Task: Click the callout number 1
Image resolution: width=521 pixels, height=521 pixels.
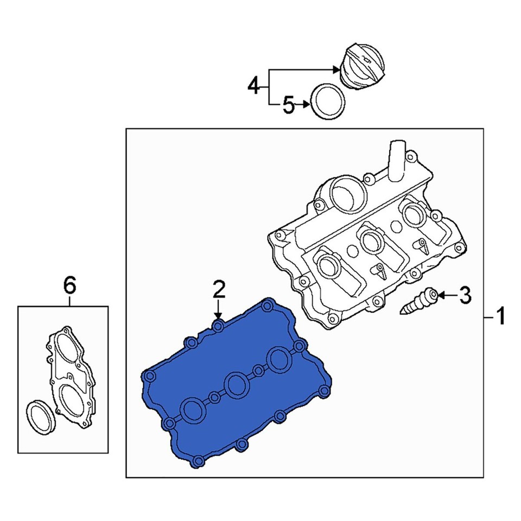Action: point(500,316)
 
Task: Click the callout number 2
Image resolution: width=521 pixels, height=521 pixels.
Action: point(218,290)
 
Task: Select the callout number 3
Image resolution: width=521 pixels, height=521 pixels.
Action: point(465,296)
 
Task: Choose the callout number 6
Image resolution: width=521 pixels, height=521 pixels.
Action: point(69,284)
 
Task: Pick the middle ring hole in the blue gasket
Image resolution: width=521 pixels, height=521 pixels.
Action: point(236,384)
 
